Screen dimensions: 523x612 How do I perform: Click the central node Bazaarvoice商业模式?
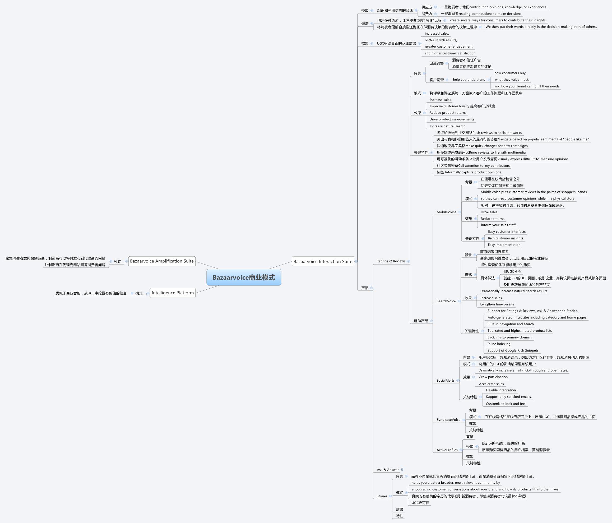(x=244, y=277)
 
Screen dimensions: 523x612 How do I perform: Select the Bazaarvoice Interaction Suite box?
(x=323, y=261)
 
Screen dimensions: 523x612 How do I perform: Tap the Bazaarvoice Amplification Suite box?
(x=162, y=261)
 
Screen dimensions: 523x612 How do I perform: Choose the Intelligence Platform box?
(x=173, y=293)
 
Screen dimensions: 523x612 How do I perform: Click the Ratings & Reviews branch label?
(x=391, y=261)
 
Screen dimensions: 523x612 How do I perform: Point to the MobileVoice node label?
(x=446, y=212)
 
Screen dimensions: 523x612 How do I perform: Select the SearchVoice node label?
(x=446, y=301)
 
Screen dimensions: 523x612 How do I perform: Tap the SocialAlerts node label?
(x=446, y=380)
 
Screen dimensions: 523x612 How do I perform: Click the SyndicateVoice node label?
(x=448, y=420)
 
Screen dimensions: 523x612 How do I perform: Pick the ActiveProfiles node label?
(x=447, y=450)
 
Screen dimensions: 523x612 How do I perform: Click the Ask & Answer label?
(x=388, y=470)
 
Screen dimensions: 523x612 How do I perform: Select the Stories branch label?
(x=382, y=496)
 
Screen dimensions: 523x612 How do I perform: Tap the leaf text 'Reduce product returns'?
(x=448, y=113)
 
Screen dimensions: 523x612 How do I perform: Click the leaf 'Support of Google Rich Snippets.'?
(x=513, y=350)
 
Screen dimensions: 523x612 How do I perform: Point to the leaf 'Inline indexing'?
(x=499, y=344)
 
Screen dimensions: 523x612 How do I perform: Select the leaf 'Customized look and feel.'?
(x=506, y=404)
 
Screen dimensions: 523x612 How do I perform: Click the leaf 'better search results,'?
(x=441, y=40)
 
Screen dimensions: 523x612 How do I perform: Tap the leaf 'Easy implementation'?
(x=504, y=245)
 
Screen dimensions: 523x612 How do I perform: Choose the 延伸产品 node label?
(x=421, y=321)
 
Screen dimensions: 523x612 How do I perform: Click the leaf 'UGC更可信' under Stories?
(x=420, y=503)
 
